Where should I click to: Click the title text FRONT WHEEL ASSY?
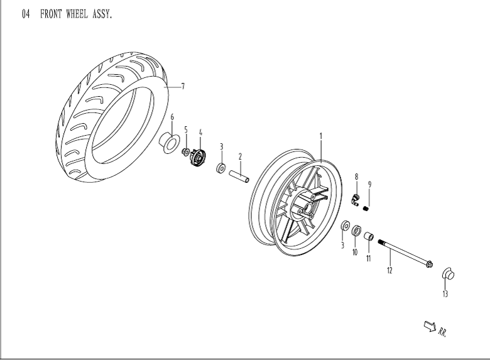(76, 14)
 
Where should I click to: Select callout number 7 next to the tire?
(182, 87)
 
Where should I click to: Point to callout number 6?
(172, 117)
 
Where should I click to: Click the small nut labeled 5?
(186, 153)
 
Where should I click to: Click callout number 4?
(200, 133)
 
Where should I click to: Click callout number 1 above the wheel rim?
(320, 136)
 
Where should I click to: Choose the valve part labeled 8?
(356, 199)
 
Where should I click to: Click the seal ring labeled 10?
(356, 231)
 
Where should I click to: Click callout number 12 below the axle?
(389, 271)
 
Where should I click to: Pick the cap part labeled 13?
(449, 273)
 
